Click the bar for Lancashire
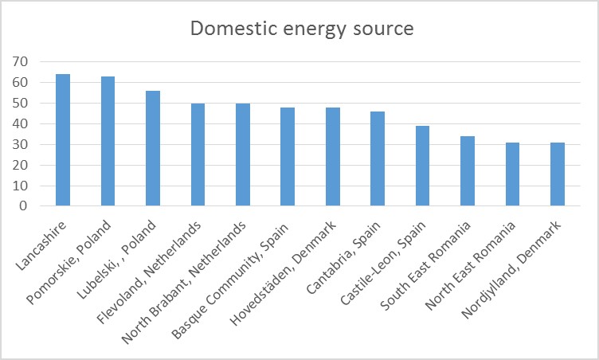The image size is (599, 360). coord(63,140)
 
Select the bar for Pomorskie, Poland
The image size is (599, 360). coord(108,141)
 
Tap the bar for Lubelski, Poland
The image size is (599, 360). coord(153,148)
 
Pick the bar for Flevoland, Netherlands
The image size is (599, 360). coord(198,155)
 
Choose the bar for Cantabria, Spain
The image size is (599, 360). coord(378,158)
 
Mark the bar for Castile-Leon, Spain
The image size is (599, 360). coord(422,166)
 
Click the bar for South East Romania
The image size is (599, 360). coord(468,171)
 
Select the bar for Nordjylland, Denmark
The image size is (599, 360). coord(558,174)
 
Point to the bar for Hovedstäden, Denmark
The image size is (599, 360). coord(332,157)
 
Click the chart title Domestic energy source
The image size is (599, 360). coord(301,30)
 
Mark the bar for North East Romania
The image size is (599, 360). coord(512,174)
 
